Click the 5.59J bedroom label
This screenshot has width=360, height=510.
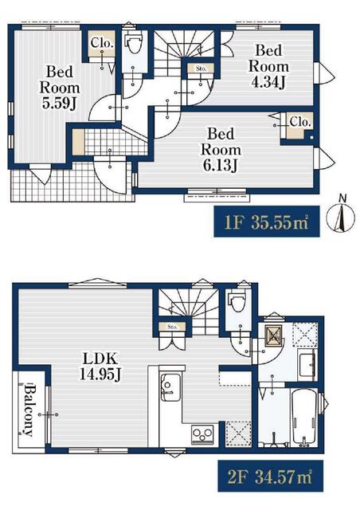(x=59, y=87)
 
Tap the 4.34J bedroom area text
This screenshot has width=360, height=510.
(x=268, y=66)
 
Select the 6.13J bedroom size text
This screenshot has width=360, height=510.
(x=221, y=149)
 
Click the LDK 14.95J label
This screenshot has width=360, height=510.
(x=100, y=367)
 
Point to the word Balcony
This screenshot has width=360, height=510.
(x=29, y=410)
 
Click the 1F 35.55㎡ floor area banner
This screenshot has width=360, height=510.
(x=267, y=222)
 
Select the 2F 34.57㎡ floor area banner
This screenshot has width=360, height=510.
(x=270, y=476)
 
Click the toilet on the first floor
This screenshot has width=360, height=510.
(x=133, y=45)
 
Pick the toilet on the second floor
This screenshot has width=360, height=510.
(x=238, y=302)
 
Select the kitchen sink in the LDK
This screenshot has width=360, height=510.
(x=170, y=387)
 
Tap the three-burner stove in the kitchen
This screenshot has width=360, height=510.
(x=202, y=433)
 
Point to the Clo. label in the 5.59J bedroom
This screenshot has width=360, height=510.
(x=102, y=42)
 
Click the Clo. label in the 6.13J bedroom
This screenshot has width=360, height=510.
(x=300, y=122)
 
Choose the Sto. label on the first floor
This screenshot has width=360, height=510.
(x=202, y=69)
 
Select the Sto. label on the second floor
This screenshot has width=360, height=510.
(x=172, y=327)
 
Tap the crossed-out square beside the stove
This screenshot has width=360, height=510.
(x=238, y=433)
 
